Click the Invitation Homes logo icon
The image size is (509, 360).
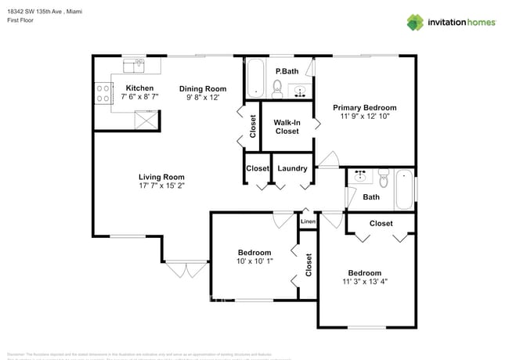click(x=415, y=22)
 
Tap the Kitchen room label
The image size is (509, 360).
click(x=139, y=88)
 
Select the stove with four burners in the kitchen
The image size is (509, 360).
click(x=103, y=94)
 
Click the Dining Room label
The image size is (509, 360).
click(x=202, y=88)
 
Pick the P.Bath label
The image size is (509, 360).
click(x=287, y=71)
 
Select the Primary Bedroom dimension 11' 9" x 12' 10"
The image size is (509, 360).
click(x=364, y=116)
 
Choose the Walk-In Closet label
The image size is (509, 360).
click(x=287, y=126)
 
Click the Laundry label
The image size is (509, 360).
click(x=292, y=168)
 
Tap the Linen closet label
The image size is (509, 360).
click(x=309, y=222)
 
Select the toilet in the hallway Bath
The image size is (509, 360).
click(x=383, y=177)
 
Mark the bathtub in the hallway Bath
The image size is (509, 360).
click(x=404, y=189)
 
